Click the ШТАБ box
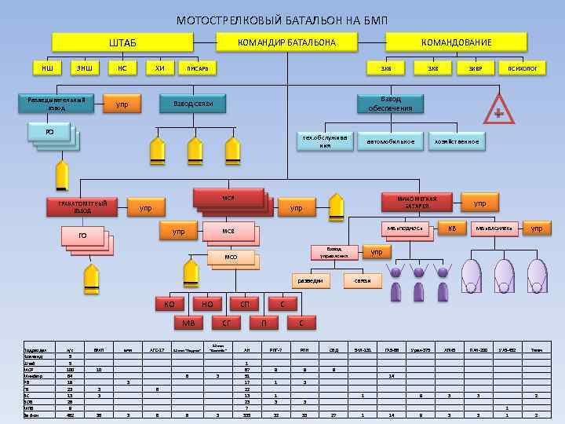point(122,42)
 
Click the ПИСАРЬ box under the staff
point(197,69)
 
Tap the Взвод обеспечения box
point(390,104)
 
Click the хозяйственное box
point(455,141)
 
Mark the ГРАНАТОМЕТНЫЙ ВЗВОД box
point(83,207)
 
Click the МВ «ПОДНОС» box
point(406,228)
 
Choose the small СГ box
point(226,322)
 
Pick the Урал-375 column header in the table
point(420,349)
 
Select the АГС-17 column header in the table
point(156,349)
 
